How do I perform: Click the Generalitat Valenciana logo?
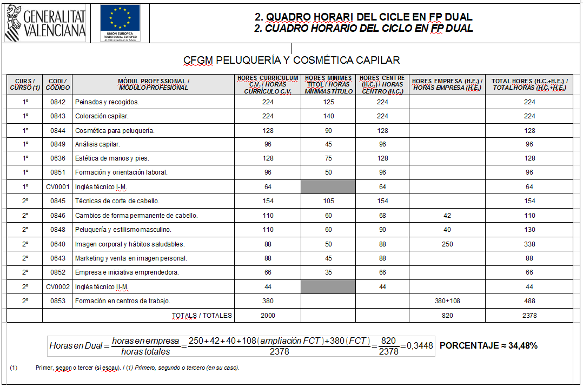[45, 23]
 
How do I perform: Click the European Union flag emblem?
[120, 20]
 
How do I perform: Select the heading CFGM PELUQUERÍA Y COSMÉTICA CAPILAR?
[291, 60]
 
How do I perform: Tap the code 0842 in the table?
[57, 102]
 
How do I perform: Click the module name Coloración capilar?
[102, 116]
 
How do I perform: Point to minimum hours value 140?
[328, 116]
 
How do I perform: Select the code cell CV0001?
[57, 187]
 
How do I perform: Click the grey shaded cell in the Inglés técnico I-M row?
[328, 187]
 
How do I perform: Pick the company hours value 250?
[447, 244]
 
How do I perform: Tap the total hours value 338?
[529, 244]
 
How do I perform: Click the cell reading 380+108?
[447, 301]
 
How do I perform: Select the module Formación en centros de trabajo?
[123, 301]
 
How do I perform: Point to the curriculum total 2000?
[268, 316]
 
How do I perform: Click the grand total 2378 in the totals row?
[529, 316]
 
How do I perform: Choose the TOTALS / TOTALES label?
[202, 316]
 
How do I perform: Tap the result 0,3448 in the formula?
[419, 346]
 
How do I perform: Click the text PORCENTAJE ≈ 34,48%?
[488, 346]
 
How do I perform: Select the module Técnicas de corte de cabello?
[117, 201]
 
